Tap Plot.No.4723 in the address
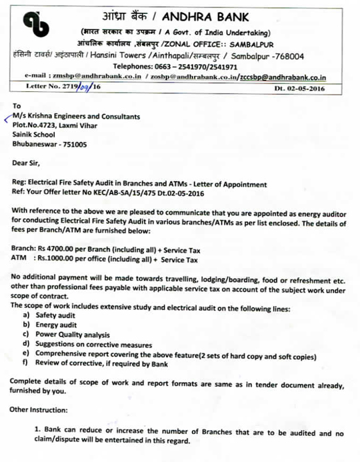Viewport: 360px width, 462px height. click(x=35, y=125)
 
